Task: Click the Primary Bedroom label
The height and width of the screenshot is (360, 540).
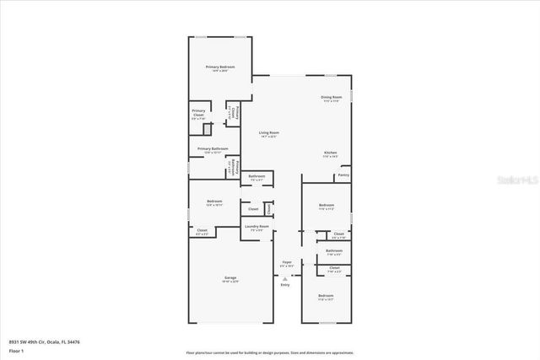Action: (220, 67)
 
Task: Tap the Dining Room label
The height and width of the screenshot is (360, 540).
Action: (331, 98)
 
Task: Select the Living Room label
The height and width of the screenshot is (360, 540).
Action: (269, 133)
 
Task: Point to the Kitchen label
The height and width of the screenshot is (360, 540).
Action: (330, 153)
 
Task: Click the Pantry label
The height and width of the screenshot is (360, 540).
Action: (343, 175)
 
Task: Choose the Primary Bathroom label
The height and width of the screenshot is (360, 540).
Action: (213, 148)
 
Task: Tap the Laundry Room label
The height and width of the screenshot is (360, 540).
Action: (257, 226)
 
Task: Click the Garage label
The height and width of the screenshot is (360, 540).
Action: (229, 277)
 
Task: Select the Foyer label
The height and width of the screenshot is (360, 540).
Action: (287, 262)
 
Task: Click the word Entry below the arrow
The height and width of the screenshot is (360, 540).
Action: (285, 284)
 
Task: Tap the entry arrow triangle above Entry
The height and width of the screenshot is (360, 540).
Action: (285, 277)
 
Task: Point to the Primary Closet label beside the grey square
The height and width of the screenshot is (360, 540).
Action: (198, 111)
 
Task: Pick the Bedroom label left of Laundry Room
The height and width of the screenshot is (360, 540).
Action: (215, 201)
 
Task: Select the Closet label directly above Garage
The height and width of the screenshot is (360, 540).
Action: (202, 230)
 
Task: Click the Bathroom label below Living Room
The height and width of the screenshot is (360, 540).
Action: (256, 176)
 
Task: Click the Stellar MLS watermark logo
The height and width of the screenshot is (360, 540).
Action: (516, 180)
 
